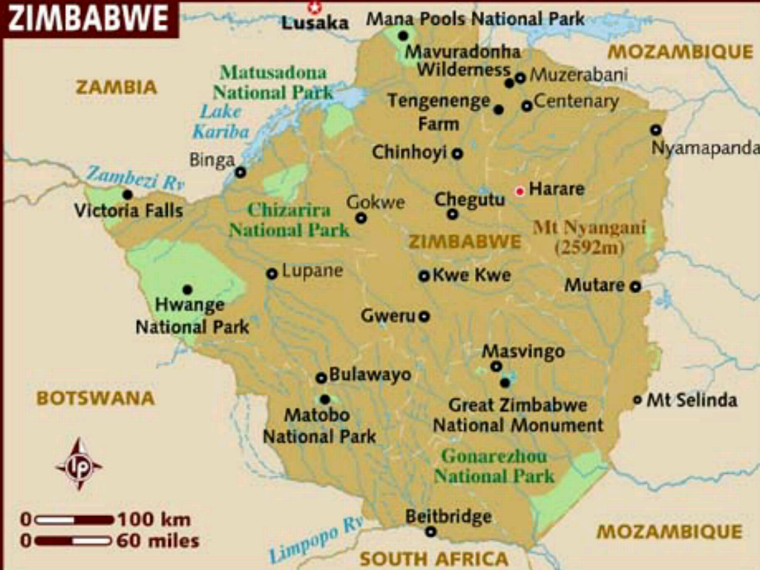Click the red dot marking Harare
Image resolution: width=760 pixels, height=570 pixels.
tap(520, 191)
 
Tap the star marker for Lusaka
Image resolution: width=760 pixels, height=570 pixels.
tap(314, 7)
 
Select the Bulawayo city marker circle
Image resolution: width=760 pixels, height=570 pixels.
tap(322, 378)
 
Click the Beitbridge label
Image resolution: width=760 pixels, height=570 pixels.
tap(449, 516)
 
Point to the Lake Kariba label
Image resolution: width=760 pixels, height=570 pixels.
tap(220, 121)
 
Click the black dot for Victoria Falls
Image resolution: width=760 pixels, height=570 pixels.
tap(128, 194)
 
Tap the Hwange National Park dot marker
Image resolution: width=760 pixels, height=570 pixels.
tap(187, 289)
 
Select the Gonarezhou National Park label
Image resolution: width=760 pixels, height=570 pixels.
tap(493, 466)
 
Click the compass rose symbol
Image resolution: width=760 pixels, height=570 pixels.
tap(78, 464)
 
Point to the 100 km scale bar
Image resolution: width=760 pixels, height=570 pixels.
tap(74, 519)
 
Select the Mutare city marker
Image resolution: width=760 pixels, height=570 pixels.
tap(635, 287)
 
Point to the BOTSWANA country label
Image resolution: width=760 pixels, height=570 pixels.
tap(96, 398)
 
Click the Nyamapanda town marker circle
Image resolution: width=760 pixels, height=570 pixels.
tap(655, 130)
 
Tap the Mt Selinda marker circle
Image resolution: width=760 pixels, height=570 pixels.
tap(637, 400)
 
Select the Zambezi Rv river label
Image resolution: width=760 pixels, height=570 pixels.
tap(135, 178)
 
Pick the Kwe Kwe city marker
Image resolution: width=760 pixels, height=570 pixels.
tap(424, 276)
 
